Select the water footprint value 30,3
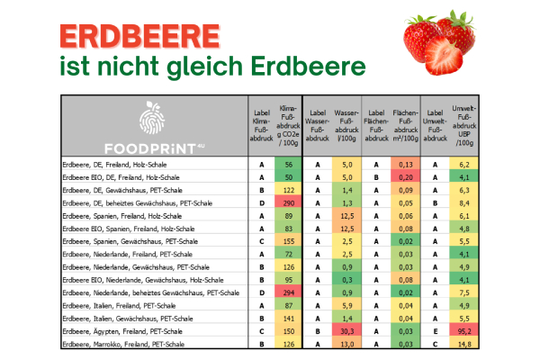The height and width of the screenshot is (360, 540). tap(346, 330)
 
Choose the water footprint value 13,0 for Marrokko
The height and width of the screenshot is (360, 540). tap(346, 343)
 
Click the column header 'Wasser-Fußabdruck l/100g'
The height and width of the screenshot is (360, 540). tap(346, 126)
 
